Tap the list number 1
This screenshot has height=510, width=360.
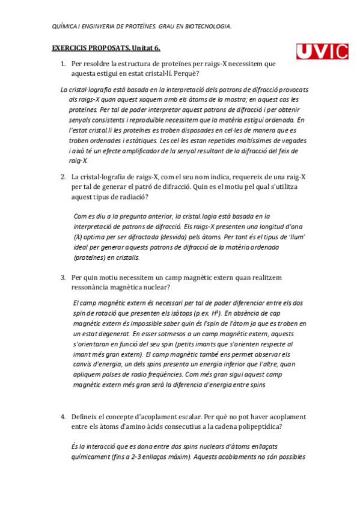click(x=63, y=63)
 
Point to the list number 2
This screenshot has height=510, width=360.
click(x=63, y=177)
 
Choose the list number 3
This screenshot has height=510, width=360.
click(x=63, y=278)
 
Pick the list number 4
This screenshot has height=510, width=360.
click(x=63, y=416)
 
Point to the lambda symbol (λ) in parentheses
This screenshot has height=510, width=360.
click(x=78, y=237)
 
